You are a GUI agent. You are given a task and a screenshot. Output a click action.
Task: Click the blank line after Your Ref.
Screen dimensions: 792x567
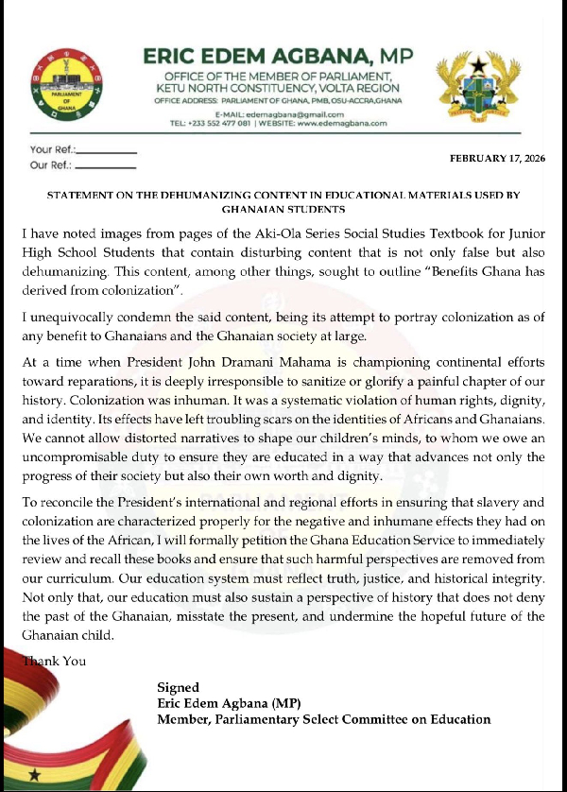106,151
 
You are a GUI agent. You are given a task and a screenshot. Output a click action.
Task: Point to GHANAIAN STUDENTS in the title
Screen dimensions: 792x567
283,209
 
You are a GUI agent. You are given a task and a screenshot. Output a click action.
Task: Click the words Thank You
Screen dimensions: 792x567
59,661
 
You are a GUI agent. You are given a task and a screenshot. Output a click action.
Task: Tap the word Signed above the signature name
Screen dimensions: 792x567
178,687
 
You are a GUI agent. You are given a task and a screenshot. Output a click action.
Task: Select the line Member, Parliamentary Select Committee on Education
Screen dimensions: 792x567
324,719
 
